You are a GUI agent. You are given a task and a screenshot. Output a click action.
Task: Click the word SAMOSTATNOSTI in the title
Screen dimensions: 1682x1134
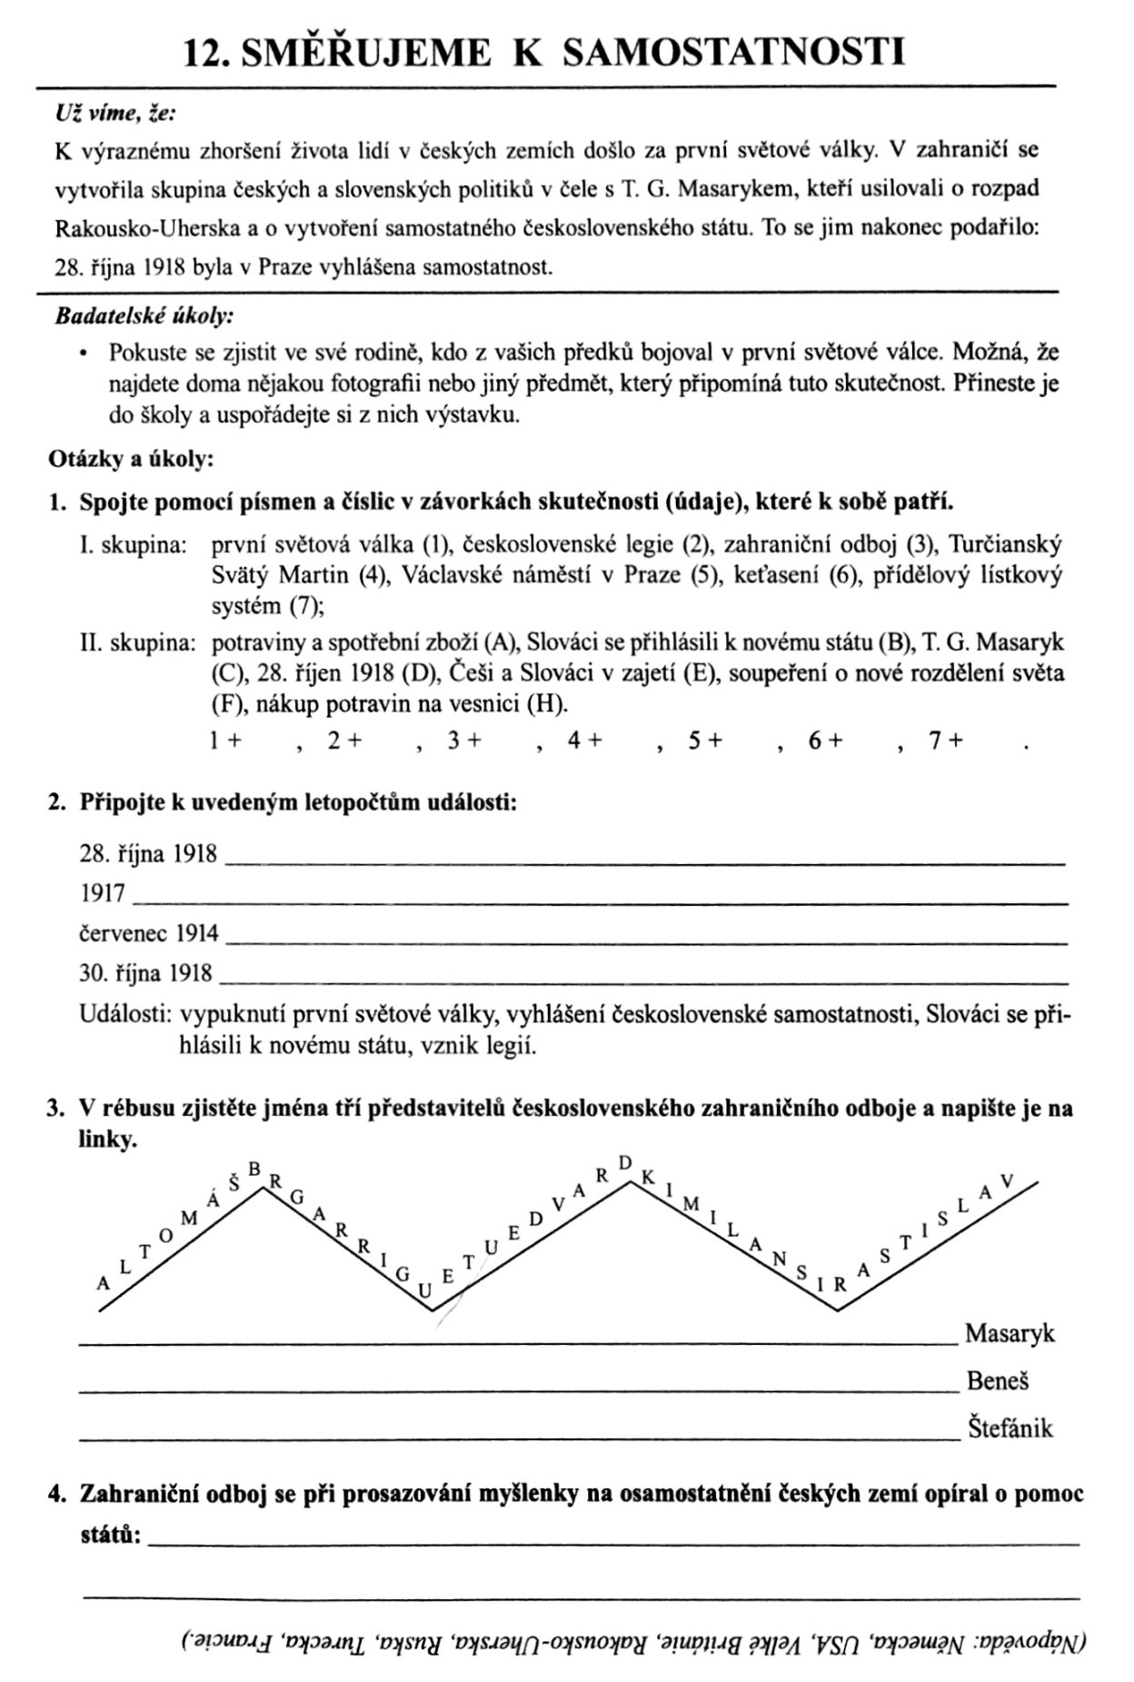point(734,53)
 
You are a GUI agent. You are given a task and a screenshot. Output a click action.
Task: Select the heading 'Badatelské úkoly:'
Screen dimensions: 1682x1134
point(144,317)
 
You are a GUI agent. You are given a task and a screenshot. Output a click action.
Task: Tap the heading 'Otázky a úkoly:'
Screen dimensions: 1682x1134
point(131,459)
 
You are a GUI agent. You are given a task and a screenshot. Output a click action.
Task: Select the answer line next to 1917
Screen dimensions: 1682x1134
point(600,900)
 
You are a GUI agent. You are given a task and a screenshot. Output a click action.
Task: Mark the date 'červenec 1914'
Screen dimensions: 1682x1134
point(149,933)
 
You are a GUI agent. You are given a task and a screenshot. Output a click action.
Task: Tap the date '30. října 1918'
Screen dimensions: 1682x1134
point(145,973)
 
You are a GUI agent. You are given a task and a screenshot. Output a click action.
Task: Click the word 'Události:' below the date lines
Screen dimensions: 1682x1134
point(125,1014)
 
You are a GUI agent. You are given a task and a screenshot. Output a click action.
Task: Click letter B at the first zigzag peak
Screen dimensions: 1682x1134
point(255,1168)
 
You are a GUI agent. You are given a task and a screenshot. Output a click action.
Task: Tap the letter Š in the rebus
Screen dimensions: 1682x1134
point(234,1183)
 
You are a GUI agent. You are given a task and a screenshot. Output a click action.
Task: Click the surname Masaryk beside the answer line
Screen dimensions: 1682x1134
point(1010,1334)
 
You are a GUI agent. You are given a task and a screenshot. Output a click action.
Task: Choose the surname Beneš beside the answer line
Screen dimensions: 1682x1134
point(998,1381)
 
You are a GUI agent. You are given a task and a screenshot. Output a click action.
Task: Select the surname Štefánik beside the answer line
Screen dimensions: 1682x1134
point(1010,1428)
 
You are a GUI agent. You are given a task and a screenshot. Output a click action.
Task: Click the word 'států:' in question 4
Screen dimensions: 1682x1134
point(110,1536)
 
